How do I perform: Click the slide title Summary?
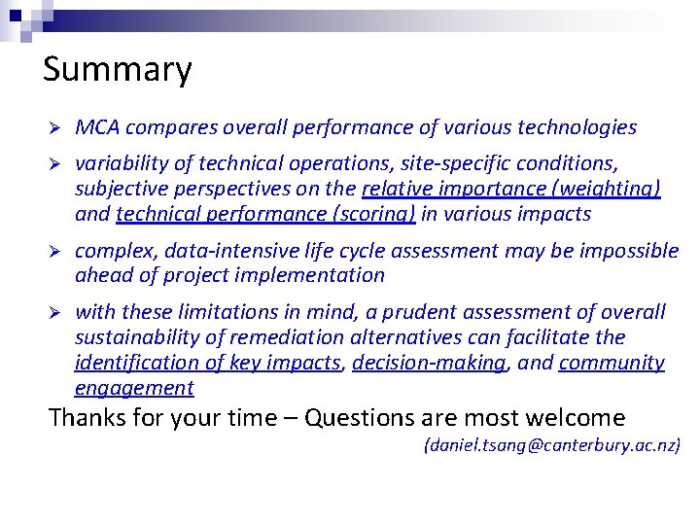(x=118, y=70)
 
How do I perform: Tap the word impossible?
(x=631, y=251)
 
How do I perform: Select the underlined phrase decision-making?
(x=429, y=363)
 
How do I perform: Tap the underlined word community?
(x=612, y=363)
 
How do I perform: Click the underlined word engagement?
(x=134, y=388)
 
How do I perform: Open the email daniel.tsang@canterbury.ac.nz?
(x=551, y=446)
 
